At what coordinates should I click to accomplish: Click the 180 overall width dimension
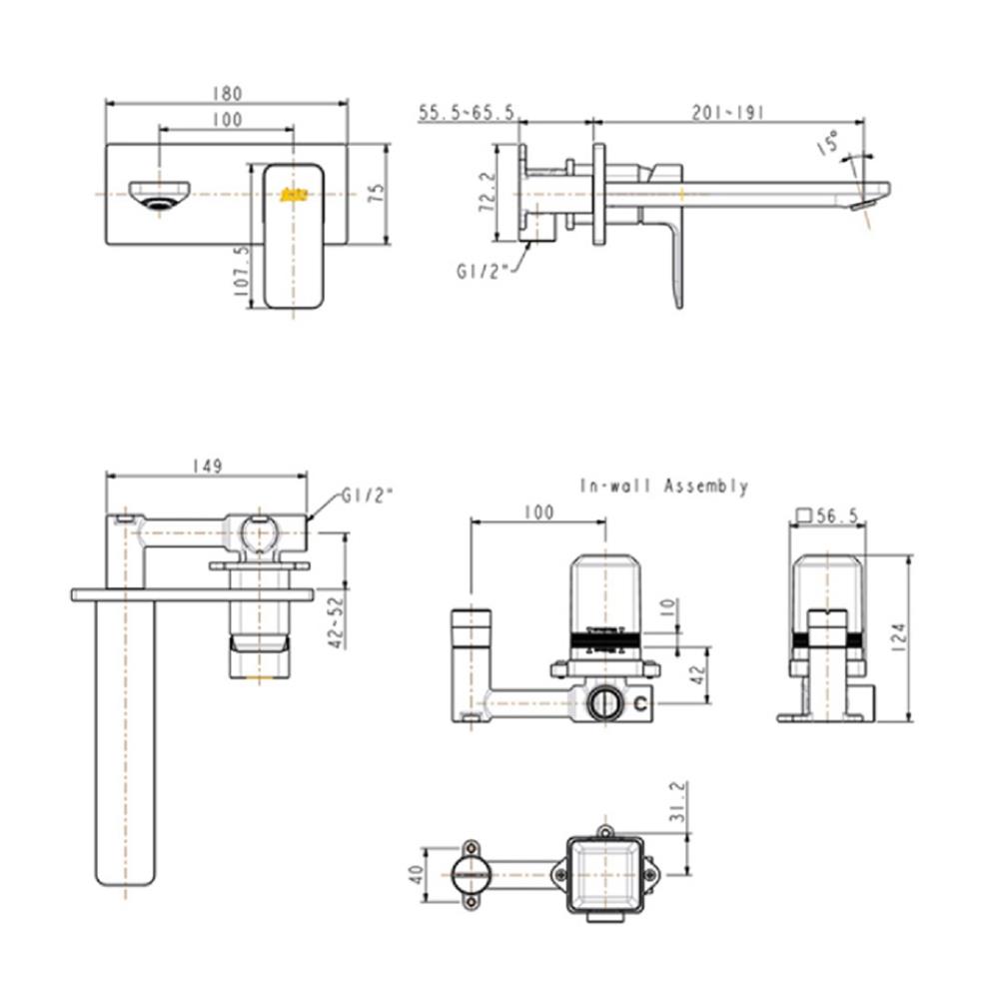pos(227,93)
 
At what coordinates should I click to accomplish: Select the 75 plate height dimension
pos(376,193)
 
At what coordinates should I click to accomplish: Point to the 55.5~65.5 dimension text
pos(467,114)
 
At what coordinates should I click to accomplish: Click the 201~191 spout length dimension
pos(727,114)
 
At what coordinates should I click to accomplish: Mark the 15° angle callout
pos(827,142)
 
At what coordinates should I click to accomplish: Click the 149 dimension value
pos(209,466)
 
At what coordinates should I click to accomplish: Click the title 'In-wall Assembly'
pos(664,487)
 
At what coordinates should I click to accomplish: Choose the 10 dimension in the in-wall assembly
pos(666,608)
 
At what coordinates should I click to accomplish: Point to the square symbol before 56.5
pos(803,515)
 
